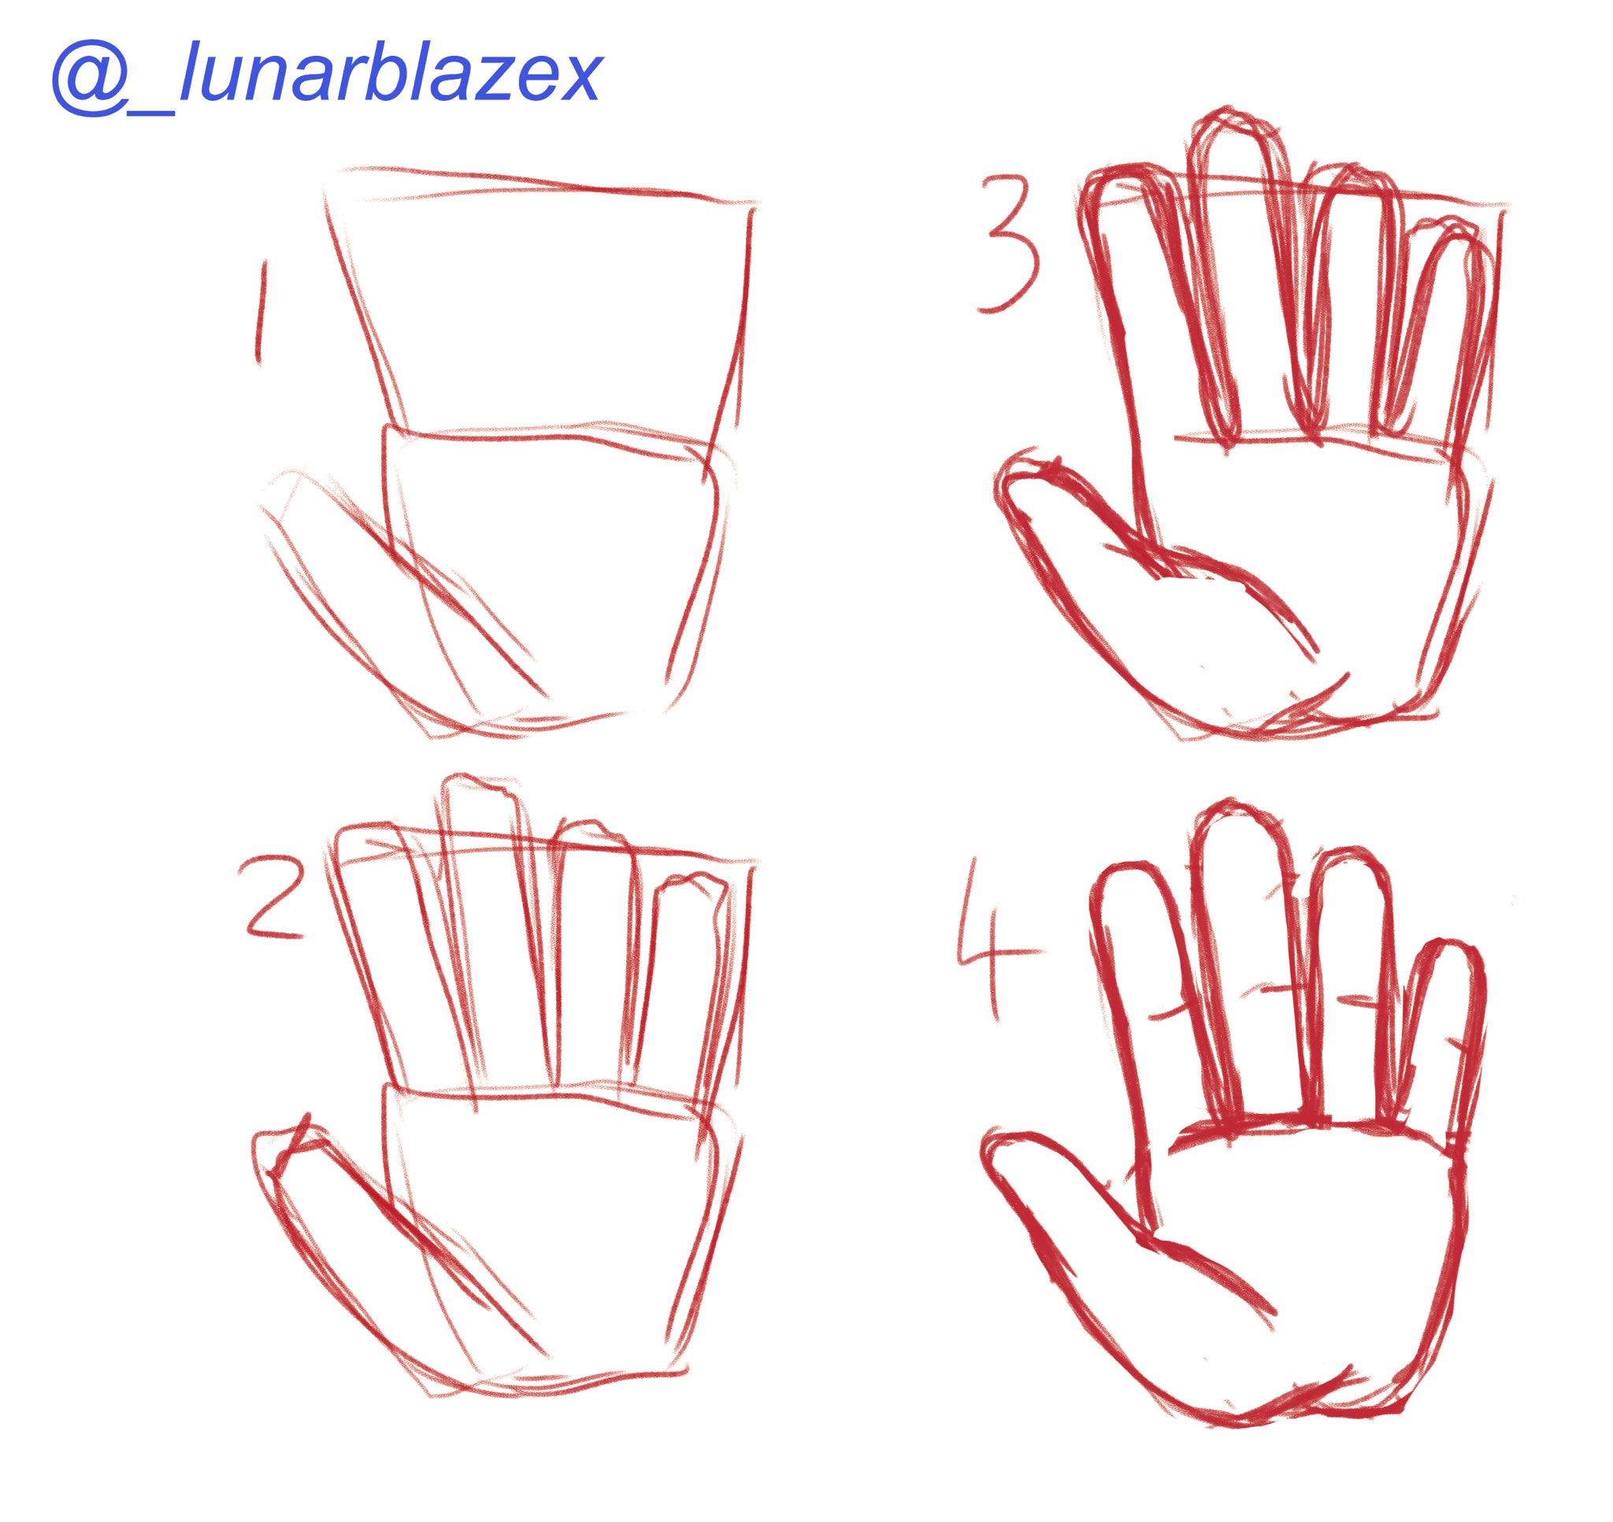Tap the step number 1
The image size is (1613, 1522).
pyautogui.click(x=260, y=313)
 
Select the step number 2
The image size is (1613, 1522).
pyautogui.click(x=271, y=900)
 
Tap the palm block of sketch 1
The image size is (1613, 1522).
pyautogui.click(x=552, y=568)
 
